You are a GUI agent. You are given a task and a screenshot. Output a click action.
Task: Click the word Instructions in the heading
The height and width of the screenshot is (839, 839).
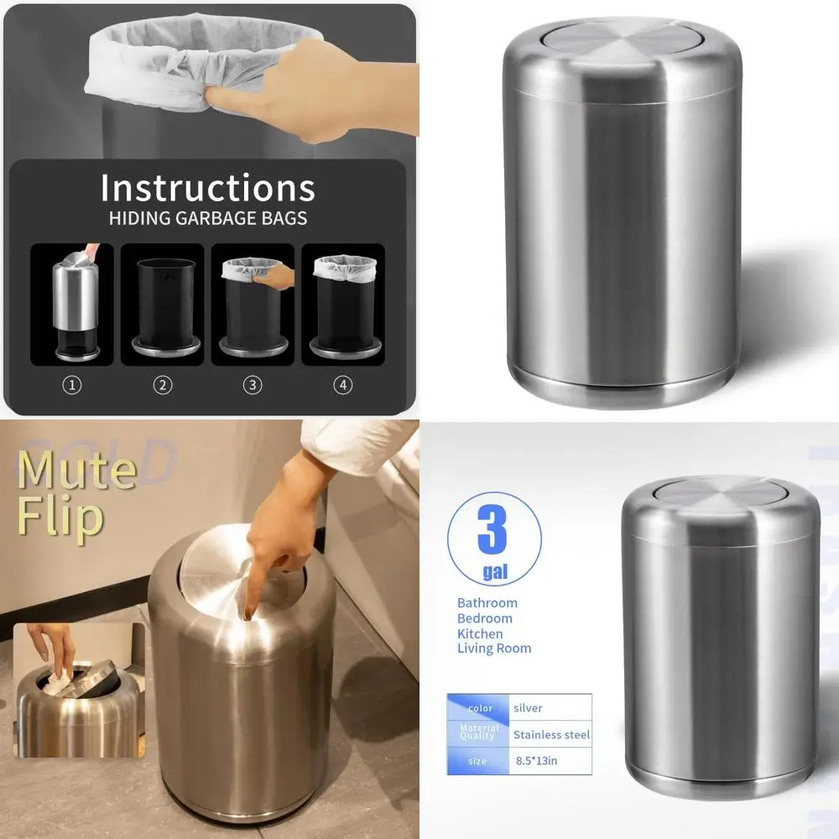tap(207, 188)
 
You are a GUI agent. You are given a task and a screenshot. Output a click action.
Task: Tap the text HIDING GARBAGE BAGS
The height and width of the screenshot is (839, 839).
tap(207, 219)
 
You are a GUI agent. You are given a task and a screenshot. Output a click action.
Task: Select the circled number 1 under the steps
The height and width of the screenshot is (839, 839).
tap(73, 385)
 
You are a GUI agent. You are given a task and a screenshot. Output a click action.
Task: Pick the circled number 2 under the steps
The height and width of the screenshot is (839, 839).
tap(163, 385)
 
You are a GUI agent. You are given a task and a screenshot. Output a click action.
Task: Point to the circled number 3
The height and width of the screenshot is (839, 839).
tap(253, 385)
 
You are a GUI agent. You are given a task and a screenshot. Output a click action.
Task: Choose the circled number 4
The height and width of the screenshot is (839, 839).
tap(342, 385)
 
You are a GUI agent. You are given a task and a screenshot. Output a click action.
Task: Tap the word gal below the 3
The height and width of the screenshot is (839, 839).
tap(494, 572)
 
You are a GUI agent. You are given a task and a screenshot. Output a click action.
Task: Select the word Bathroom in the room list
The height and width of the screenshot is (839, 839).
tap(487, 602)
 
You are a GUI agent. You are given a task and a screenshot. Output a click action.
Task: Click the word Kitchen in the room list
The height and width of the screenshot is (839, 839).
tap(480, 633)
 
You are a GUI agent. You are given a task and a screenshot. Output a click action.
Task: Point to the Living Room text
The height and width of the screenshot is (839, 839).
tap(493, 649)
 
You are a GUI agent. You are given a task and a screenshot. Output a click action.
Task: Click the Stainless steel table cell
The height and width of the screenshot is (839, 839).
tap(550, 735)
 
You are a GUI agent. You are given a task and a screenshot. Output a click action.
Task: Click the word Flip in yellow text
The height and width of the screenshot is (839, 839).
tap(60, 518)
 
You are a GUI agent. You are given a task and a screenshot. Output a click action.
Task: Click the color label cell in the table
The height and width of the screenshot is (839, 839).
tap(479, 708)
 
